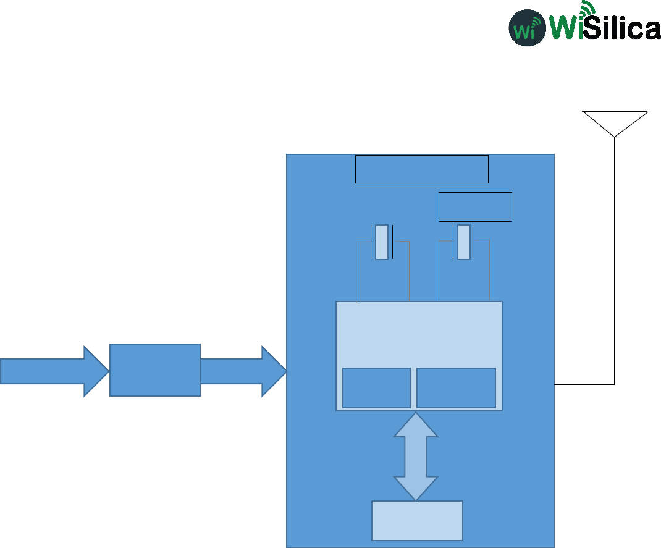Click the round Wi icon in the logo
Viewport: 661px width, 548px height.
pyautogui.click(x=527, y=28)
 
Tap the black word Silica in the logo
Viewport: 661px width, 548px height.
pyautogui.click(x=621, y=28)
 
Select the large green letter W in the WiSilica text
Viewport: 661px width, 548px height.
pyautogui.click(x=563, y=27)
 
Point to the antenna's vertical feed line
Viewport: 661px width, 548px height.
pyautogui.click(x=615, y=259)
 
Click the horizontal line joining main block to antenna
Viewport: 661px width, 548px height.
pyautogui.click(x=584, y=384)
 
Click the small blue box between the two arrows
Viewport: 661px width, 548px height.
pyautogui.click(x=155, y=370)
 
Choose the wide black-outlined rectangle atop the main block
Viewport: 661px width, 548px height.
pyautogui.click(x=422, y=169)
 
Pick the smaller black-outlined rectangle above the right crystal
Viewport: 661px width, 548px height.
pyautogui.click(x=475, y=207)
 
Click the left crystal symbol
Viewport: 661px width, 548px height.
pyautogui.click(x=382, y=242)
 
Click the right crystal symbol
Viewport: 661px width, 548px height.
pyautogui.click(x=464, y=242)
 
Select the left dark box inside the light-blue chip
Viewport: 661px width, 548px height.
pyautogui.click(x=376, y=388)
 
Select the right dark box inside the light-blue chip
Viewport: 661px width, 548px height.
pyautogui.click(x=456, y=388)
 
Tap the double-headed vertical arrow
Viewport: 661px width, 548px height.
pyautogui.click(x=416, y=457)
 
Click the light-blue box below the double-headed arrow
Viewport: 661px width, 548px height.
pyautogui.click(x=417, y=520)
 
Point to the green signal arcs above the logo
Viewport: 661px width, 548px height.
pyautogui.click(x=587, y=9)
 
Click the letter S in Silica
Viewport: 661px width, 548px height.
pyautogui.click(x=594, y=28)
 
